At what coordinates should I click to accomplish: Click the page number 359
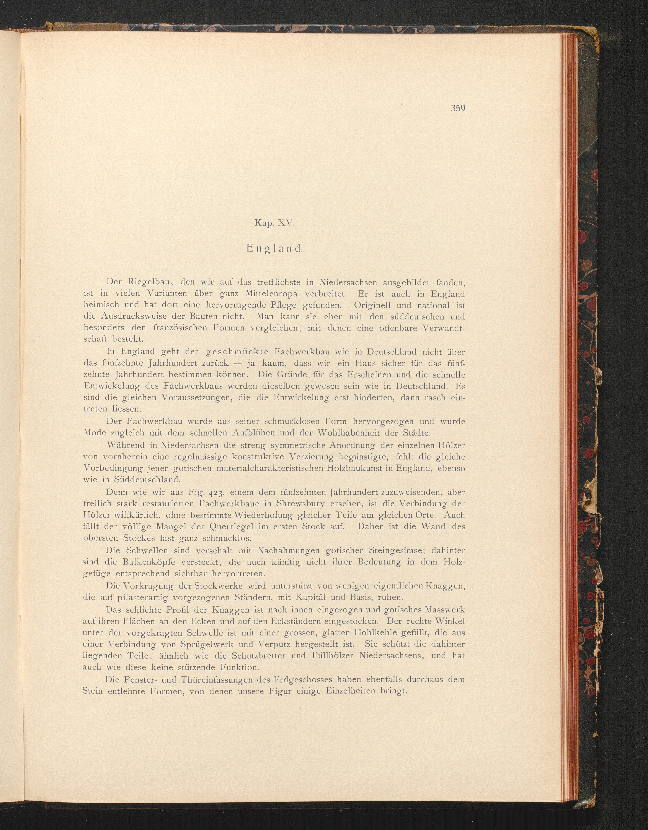click(x=458, y=108)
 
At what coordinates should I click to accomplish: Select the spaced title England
click(x=274, y=248)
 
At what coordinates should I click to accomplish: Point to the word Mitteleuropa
click(x=271, y=294)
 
